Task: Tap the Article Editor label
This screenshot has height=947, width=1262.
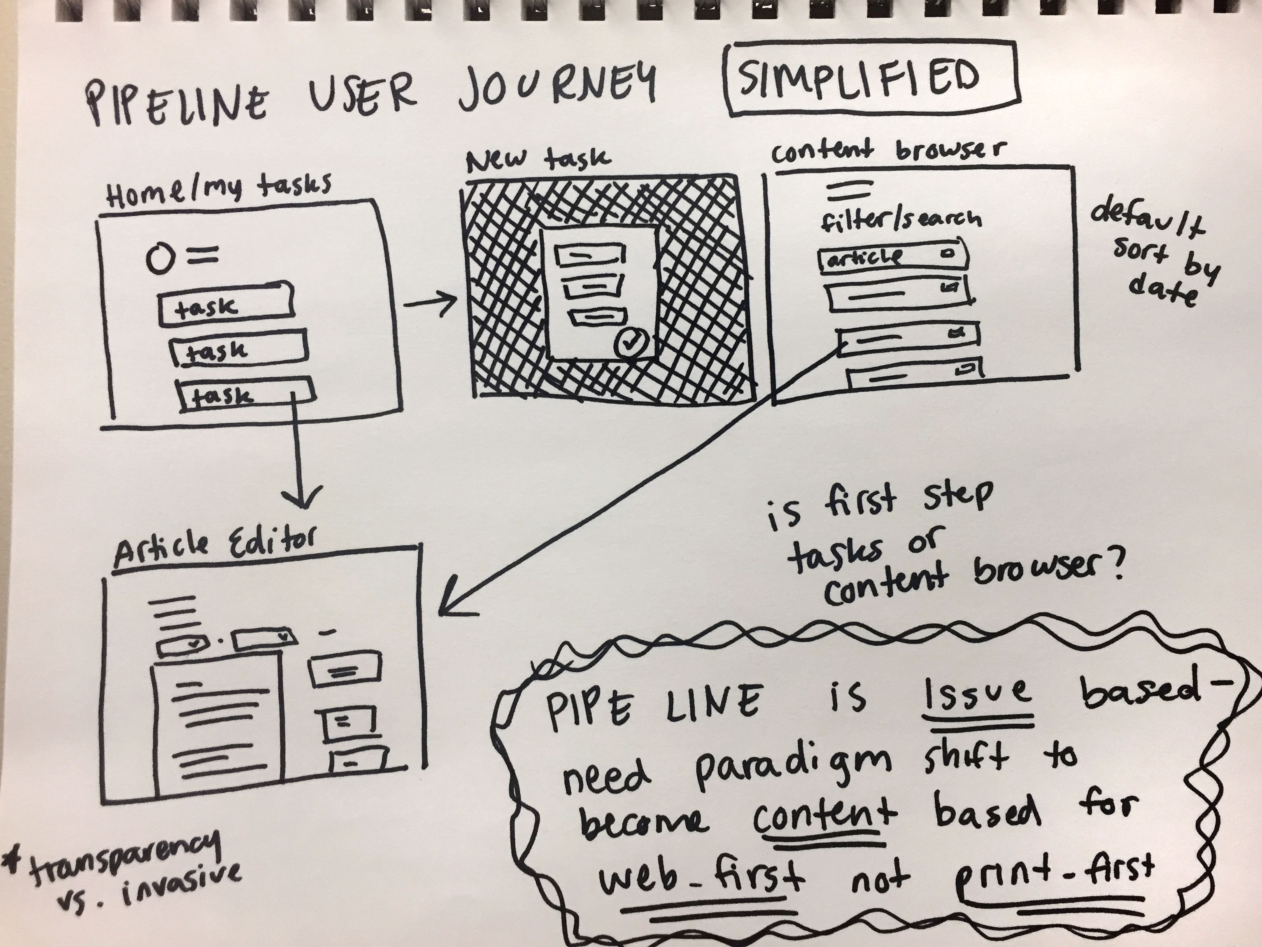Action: point(214,549)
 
